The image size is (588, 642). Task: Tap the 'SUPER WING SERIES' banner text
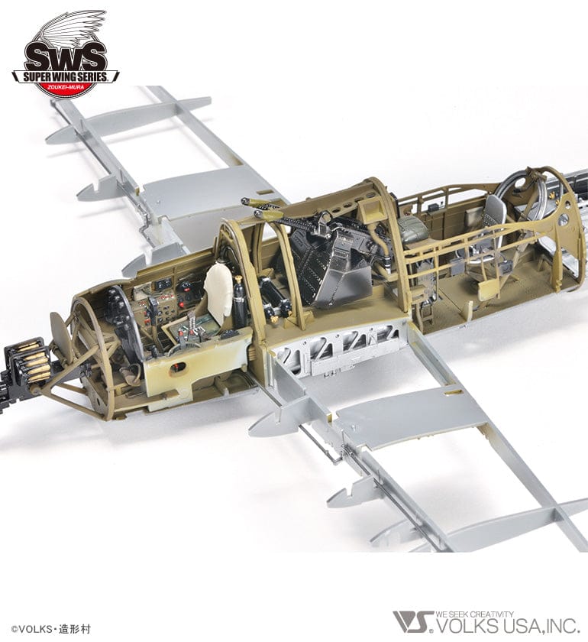pyautogui.click(x=65, y=76)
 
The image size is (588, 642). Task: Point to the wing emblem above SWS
pyautogui.click(x=73, y=27)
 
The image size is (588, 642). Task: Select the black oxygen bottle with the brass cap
pyautogui.click(x=239, y=303)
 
